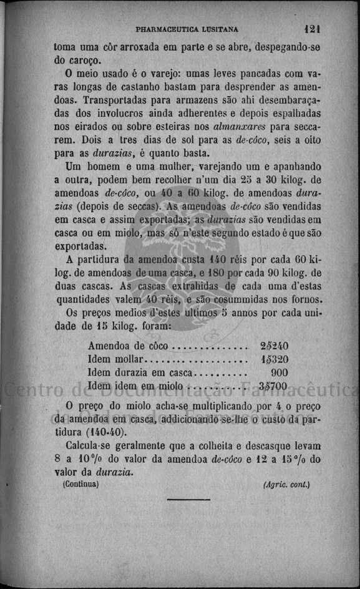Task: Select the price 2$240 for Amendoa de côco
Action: coord(274,346)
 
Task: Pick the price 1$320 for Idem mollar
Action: coord(274,359)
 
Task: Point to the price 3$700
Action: coord(273,386)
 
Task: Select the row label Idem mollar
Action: coord(116,359)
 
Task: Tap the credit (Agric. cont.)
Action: coord(286,484)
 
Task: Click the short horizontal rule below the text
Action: coord(188,499)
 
